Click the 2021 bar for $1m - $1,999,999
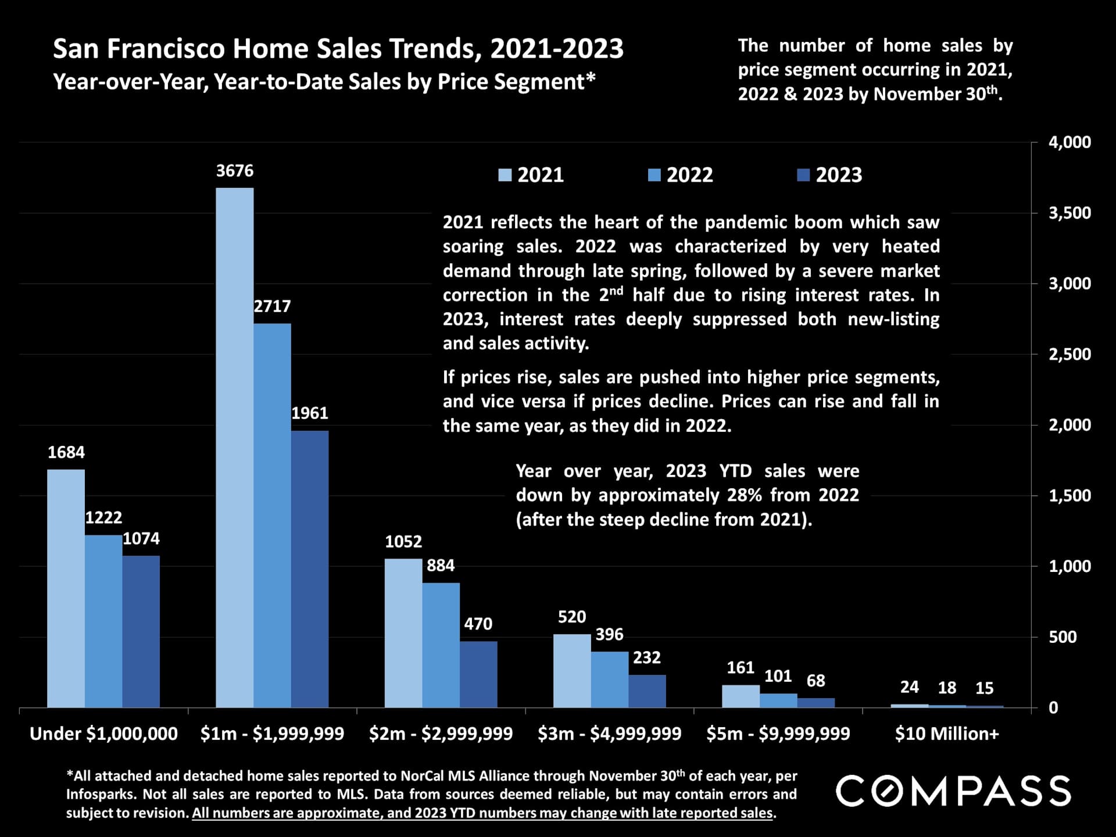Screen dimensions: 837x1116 234,448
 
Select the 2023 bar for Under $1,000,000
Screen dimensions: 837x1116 141,632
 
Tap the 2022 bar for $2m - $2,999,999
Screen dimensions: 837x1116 441,645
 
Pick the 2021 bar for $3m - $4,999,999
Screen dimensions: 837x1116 572,671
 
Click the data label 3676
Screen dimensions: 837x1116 235,171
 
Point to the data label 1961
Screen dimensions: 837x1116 309,413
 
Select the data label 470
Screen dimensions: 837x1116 478,624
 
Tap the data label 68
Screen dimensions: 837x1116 815,681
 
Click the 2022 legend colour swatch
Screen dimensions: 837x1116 654,175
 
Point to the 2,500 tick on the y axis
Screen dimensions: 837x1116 1069,355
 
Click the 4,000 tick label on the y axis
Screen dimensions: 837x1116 1069,142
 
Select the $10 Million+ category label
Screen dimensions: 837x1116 947,734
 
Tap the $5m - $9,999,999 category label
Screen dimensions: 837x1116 778,734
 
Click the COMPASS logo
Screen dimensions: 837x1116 953,791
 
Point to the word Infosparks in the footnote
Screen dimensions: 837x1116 99,795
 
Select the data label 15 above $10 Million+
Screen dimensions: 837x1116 984,688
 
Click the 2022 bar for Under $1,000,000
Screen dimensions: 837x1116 103,621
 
